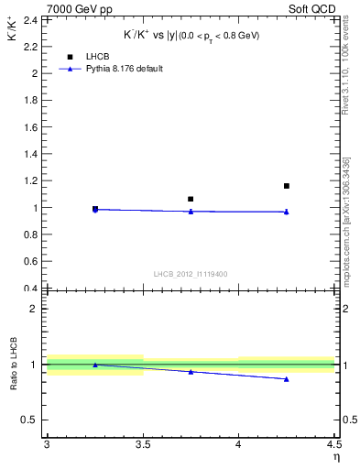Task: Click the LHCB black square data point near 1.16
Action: pyautogui.click(x=287, y=186)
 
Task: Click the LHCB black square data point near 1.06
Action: pyautogui.click(x=191, y=199)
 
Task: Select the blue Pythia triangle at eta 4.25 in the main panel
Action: pyautogui.click(x=287, y=212)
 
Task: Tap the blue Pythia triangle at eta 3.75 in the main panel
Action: pyautogui.click(x=191, y=212)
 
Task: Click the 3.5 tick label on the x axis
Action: pyautogui.click(x=142, y=444)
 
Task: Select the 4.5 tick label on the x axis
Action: pyautogui.click(x=333, y=444)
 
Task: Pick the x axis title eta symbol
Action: pyautogui.click(x=335, y=457)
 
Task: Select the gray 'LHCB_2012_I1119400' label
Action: pyautogui.click(x=191, y=274)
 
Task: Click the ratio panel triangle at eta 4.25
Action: pyautogui.click(x=287, y=378)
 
